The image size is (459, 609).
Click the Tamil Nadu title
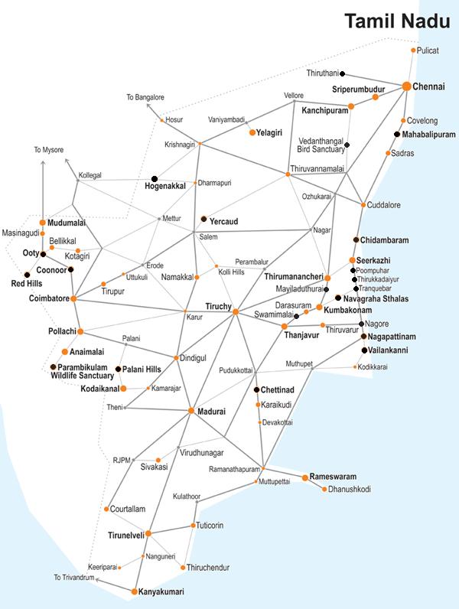396,21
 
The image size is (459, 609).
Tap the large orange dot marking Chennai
407,87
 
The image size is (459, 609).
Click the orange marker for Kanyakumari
134,591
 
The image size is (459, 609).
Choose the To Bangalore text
145,98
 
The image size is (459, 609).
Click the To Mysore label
48,150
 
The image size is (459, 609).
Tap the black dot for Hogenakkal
154,179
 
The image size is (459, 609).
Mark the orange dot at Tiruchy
236,311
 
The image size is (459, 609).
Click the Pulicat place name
428,50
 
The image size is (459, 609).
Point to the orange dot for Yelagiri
252,132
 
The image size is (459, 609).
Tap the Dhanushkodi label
349,489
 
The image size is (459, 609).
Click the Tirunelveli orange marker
148,534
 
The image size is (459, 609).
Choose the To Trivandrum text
74,577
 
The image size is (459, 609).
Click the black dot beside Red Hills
28,274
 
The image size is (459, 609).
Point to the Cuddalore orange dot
363,205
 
